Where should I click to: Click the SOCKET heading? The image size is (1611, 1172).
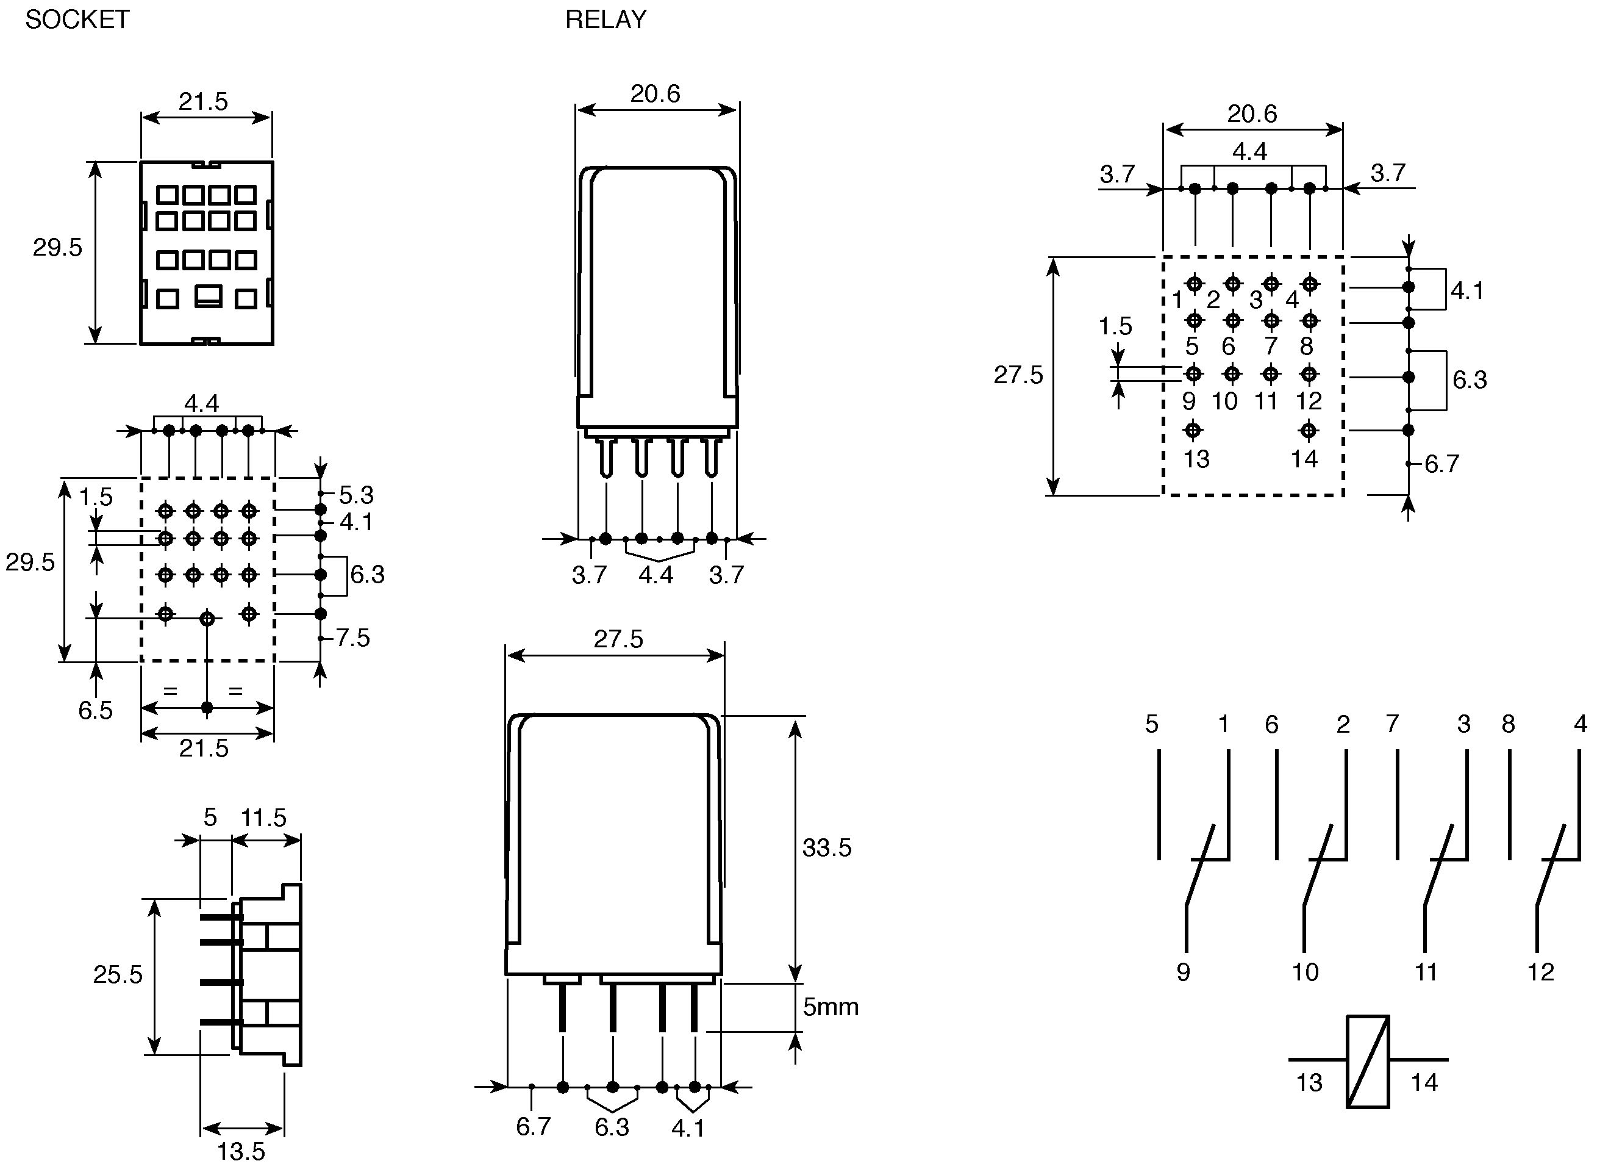coord(77,19)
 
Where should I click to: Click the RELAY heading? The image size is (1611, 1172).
coord(606,19)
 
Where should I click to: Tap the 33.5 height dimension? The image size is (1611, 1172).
coord(827,847)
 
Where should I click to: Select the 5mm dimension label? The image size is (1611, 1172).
coord(831,1007)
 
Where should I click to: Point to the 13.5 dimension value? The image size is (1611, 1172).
coord(241,1151)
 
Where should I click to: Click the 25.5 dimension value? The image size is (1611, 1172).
coord(118,974)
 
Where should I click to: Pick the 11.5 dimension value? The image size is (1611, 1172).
coord(263,818)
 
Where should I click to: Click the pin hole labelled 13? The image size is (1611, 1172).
coord(1193,430)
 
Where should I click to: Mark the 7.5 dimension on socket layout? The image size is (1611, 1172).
coord(353,638)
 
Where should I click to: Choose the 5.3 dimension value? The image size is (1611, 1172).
coord(356,495)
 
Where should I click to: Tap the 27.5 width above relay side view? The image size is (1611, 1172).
coord(619,639)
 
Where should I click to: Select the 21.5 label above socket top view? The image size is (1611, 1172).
coord(203,102)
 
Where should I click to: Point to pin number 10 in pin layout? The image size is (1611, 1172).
coord(1224,401)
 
